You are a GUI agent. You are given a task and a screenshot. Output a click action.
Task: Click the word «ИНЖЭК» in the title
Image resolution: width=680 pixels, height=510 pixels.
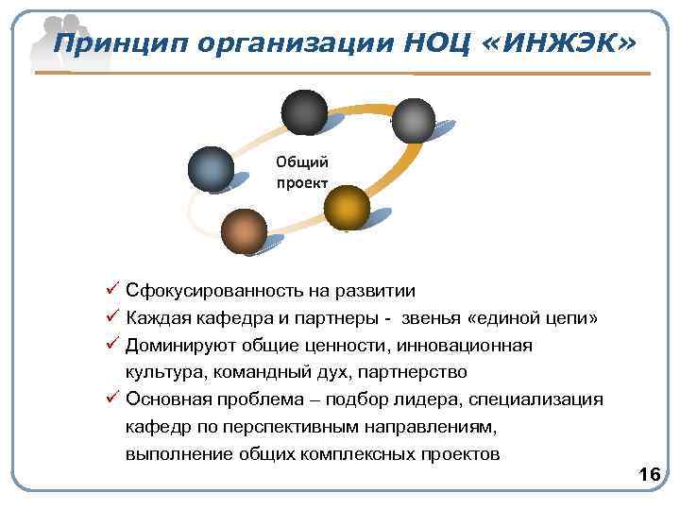pyautogui.click(x=564, y=43)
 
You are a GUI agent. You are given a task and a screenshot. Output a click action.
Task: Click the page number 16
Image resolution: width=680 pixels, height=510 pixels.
pyautogui.click(x=649, y=473)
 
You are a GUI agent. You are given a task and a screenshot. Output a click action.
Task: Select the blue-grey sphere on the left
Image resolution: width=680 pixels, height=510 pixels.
pyautogui.click(x=211, y=170)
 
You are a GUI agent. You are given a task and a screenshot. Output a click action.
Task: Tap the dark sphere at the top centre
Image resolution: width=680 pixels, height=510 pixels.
pyautogui.click(x=303, y=112)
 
